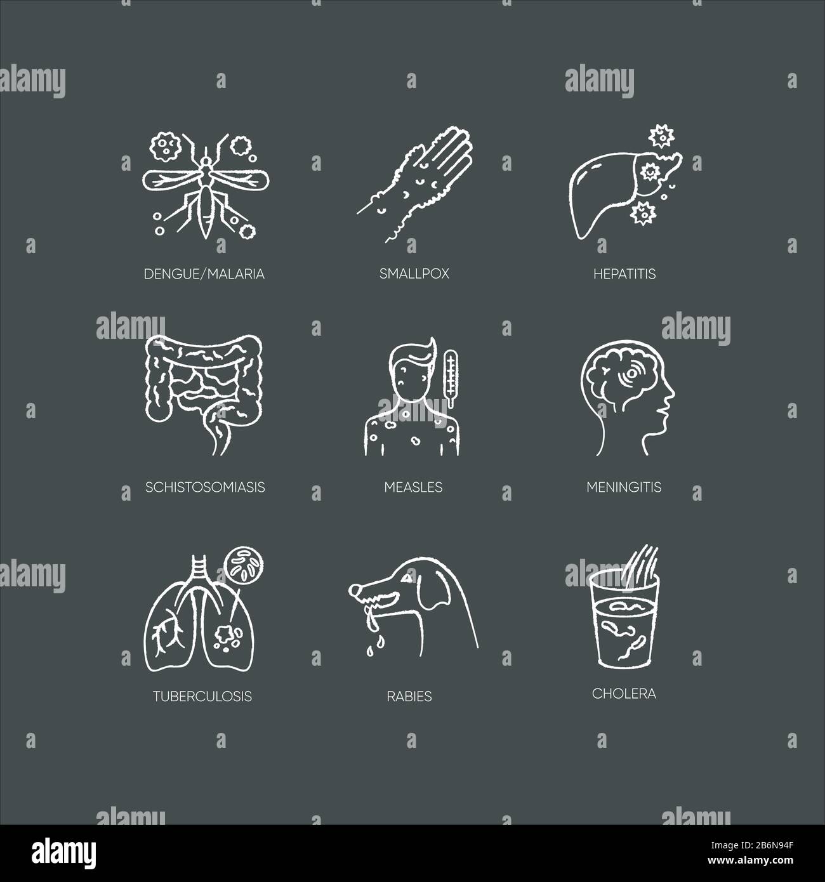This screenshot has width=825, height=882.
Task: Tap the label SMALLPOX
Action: pyautogui.click(x=413, y=274)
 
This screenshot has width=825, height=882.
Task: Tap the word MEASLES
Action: pyautogui.click(x=413, y=487)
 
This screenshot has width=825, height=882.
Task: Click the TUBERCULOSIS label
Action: pyautogui.click(x=202, y=696)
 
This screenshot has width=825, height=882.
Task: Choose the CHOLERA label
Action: pyautogui.click(x=624, y=694)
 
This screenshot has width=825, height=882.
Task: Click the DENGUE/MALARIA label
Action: pyautogui.click(x=204, y=274)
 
